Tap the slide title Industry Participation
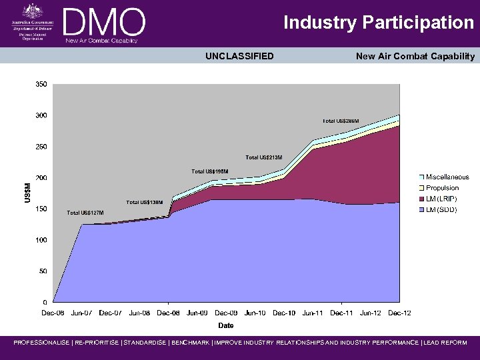click(x=379, y=23)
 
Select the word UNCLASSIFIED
click(x=239, y=56)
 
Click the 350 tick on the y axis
click(x=41, y=84)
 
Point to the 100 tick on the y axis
click(x=41, y=240)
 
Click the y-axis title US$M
click(x=27, y=193)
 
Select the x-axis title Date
click(x=226, y=325)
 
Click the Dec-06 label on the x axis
click(x=53, y=312)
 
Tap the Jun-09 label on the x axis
click(x=197, y=312)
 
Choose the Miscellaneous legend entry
click(x=447, y=177)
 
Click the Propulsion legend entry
click(x=441, y=188)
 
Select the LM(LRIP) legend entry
click(x=441, y=199)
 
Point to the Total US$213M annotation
click(x=263, y=157)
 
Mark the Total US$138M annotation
click(x=145, y=202)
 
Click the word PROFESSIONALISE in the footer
click(x=41, y=343)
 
